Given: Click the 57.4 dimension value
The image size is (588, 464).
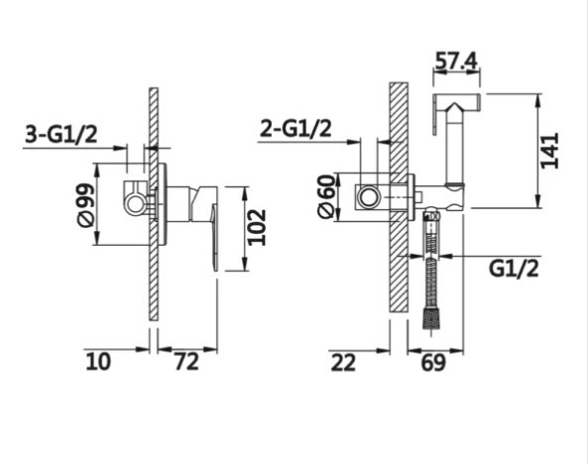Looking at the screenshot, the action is [456, 60].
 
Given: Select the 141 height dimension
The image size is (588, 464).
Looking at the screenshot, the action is [550, 150].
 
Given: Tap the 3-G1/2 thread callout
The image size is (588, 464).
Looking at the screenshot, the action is [61, 134].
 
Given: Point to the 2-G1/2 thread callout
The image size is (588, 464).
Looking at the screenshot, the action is [295, 129].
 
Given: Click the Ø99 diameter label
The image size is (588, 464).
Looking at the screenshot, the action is [85, 205].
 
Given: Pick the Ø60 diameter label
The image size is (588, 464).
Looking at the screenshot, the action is [325, 195].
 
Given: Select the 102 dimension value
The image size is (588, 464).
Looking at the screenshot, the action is [258, 228].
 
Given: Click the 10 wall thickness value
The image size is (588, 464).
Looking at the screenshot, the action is [98, 362].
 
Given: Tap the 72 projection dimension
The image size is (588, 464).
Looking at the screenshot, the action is [186, 362].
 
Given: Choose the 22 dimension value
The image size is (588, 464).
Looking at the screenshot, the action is [343, 363].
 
